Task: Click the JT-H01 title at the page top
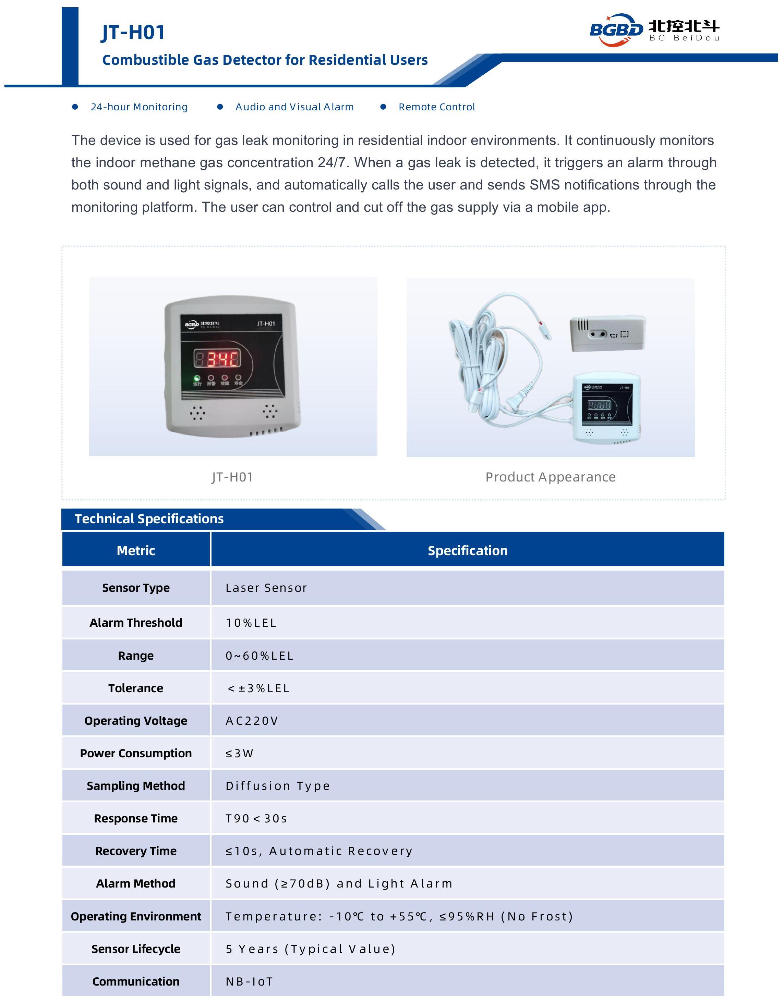133,33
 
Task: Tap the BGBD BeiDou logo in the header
654,29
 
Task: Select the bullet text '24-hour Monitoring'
139,107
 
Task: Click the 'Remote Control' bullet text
436,107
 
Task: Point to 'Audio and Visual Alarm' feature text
294,107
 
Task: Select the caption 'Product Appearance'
550,477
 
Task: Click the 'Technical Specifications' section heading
149,519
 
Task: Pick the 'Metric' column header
136,551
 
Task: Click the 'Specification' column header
467,551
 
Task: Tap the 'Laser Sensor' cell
266,588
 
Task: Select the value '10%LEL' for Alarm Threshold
251,623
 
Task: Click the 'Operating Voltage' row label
136,721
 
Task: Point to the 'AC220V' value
252,721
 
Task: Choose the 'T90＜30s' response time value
256,818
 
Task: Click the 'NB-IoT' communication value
249,981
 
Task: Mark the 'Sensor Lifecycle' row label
136,949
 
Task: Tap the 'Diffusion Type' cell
278,786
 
